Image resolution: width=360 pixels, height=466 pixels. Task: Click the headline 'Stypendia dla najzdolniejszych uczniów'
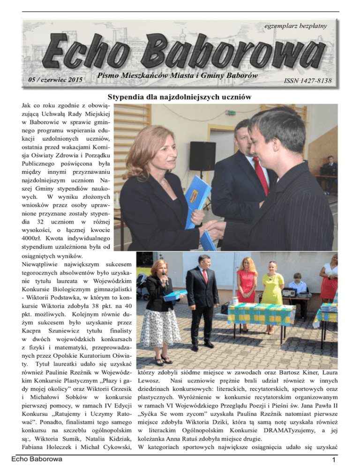pos(180,97)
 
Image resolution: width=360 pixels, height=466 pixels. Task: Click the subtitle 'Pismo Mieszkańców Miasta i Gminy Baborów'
pos(182,75)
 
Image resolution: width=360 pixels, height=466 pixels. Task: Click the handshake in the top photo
pos(213,228)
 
